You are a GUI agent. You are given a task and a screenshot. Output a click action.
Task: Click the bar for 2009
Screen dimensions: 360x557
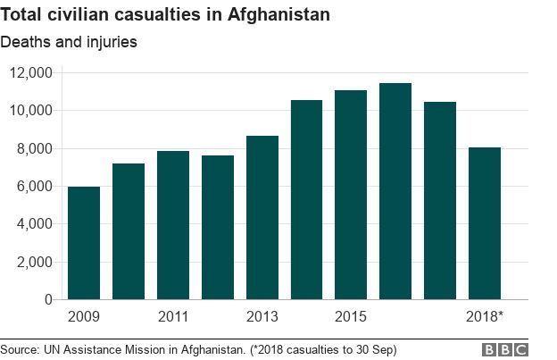[x=84, y=243]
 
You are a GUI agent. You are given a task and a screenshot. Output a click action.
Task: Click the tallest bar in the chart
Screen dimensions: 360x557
[x=395, y=191]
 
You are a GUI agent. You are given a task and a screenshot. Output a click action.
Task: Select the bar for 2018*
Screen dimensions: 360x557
[x=485, y=223]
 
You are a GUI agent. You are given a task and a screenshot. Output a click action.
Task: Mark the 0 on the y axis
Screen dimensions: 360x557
[x=49, y=300]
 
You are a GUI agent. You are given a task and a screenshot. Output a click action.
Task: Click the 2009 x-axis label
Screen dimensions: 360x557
[x=84, y=317]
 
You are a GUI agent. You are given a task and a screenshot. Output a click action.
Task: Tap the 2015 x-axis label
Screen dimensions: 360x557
[x=351, y=317]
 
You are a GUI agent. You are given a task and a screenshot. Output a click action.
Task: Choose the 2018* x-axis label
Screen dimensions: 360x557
[x=485, y=317]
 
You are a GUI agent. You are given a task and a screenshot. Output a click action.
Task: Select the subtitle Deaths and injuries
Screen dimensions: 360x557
[x=69, y=41]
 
